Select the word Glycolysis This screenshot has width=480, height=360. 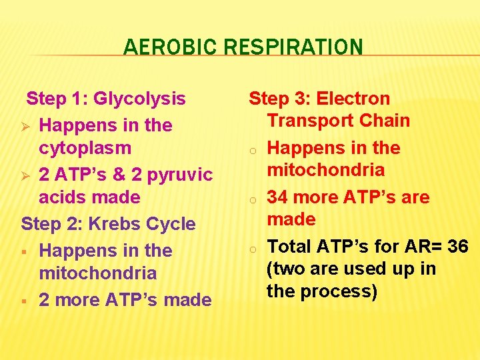tap(140, 99)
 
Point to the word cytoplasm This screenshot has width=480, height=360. tap(85, 148)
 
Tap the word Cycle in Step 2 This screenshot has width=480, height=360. tap(173, 224)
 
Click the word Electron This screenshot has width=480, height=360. tap(353, 99)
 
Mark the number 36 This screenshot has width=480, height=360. tap(458, 247)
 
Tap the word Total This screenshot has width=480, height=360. tap(290, 247)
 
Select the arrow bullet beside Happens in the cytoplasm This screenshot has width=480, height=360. tap(27, 125)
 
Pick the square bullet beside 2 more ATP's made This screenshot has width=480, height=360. tap(25, 301)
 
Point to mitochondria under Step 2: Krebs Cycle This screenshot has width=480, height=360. tap(98, 273)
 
